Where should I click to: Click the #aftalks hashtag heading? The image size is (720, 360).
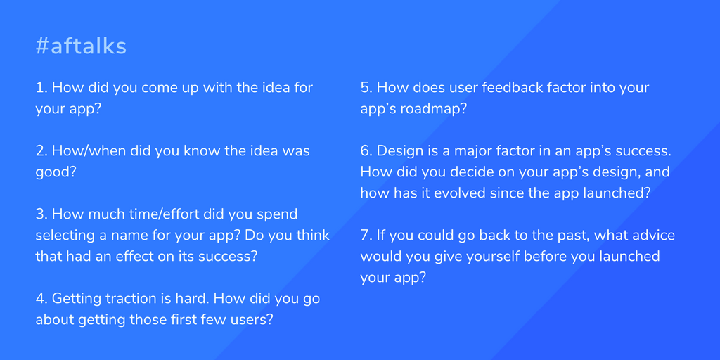81,47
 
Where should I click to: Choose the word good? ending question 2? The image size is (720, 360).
56,172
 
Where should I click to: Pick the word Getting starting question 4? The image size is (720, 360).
77,299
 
